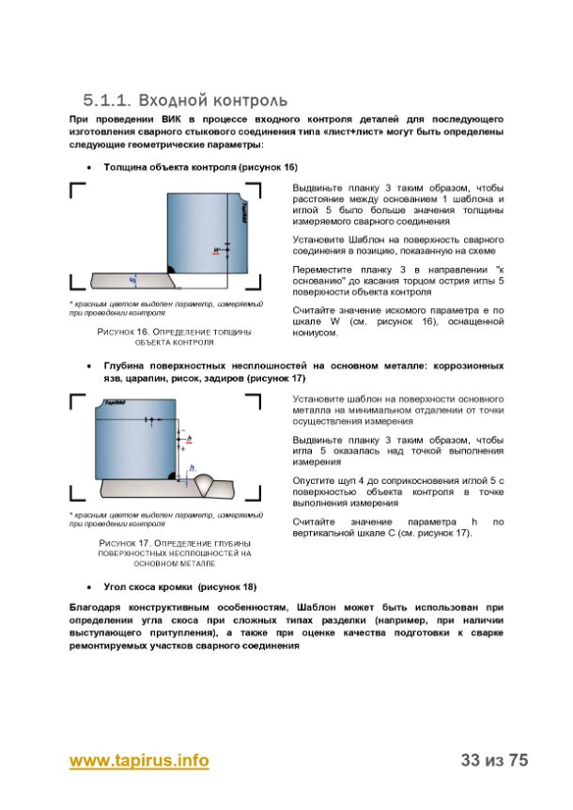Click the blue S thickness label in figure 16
click(x=132, y=279)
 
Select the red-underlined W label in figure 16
click(x=218, y=249)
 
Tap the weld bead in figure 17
click(x=215, y=484)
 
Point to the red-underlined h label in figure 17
click(x=189, y=439)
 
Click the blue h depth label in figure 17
click(x=192, y=467)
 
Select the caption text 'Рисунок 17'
click(x=119, y=544)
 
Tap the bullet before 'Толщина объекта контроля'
click(x=87, y=166)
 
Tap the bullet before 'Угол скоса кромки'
click(x=87, y=585)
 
